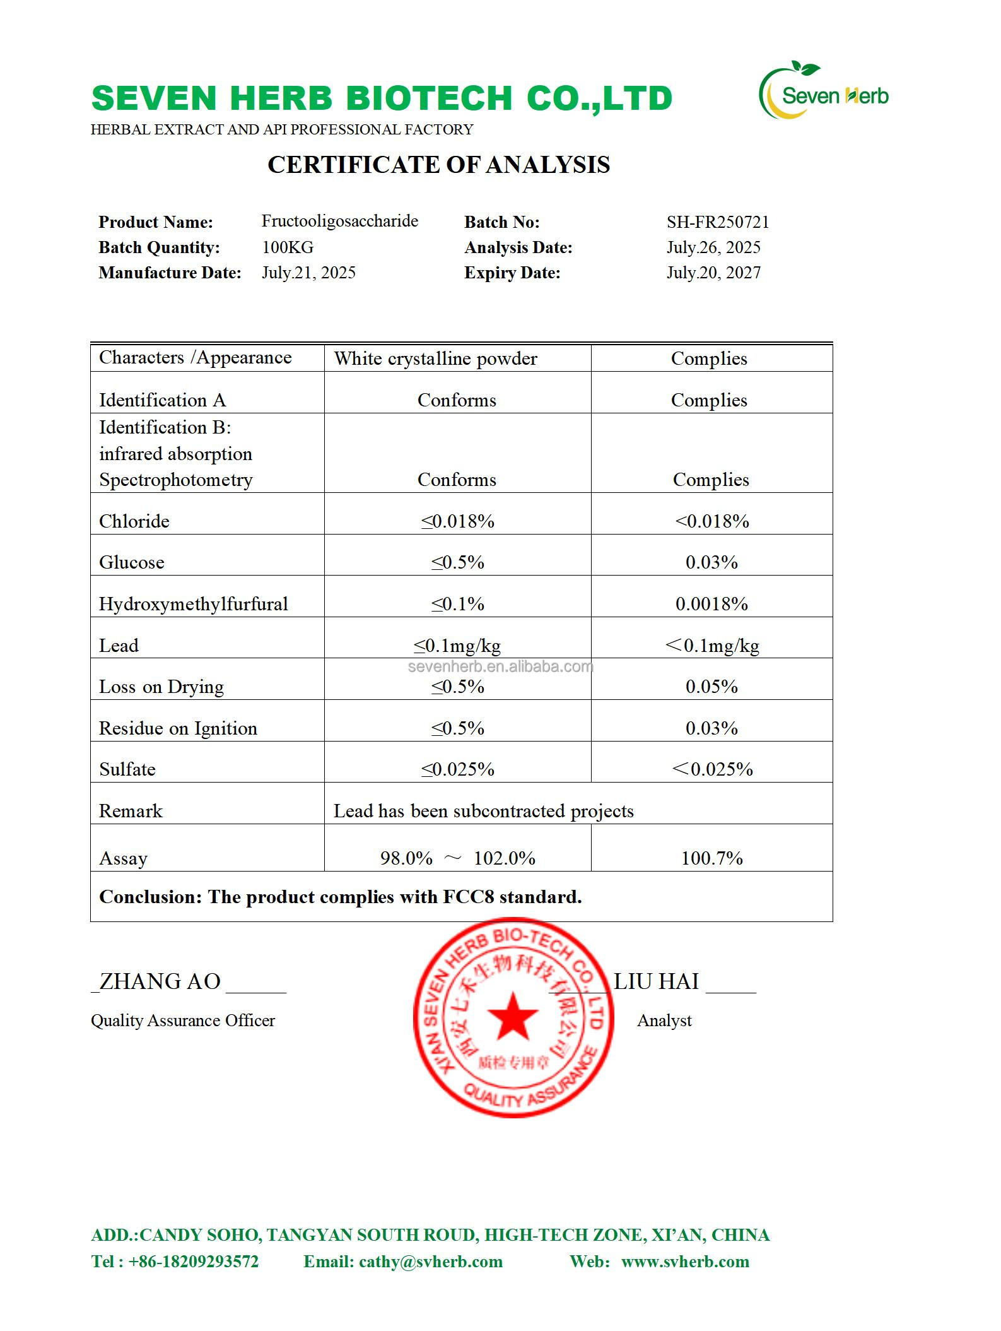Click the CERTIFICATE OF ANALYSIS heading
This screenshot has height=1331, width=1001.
coord(438,165)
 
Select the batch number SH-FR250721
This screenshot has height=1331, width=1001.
coord(718,222)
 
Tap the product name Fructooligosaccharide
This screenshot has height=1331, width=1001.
coord(339,221)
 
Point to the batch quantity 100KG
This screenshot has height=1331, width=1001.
coord(288,247)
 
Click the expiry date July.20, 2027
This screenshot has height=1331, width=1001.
coord(713,273)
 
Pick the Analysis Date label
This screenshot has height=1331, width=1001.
coord(518,247)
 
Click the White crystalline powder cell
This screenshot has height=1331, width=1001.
coord(435,358)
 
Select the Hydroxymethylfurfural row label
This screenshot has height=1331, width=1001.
coord(193,604)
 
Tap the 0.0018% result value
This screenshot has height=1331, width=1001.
coord(711,604)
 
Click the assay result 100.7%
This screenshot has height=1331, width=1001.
coord(711,858)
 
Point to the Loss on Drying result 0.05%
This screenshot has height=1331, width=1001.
coord(711,687)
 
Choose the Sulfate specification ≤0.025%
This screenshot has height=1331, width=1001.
coord(457,769)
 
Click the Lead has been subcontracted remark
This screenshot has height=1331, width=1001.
coord(483,811)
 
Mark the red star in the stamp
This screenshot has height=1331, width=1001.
coord(512,1017)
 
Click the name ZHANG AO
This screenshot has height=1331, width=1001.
coord(160,982)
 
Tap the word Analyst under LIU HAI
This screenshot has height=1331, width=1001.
coord(664,1020)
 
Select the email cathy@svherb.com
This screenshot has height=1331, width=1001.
coord(431,1262)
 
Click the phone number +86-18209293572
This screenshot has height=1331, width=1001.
coord(193,1262)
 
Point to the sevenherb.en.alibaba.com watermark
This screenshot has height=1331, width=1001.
coord(500,667)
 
